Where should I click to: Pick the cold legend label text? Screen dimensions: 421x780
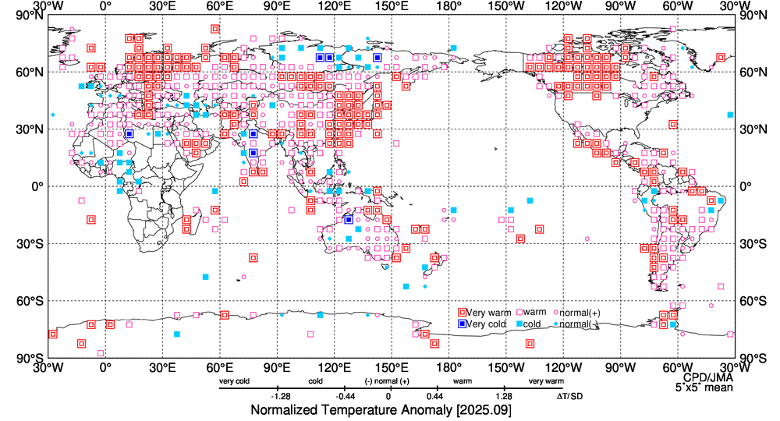[x=532, y=324]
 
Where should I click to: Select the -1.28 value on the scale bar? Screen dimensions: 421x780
[x=281, y=396]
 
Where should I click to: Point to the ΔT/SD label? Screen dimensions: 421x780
[x=569, y=396]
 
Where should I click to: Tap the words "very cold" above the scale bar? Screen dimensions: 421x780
[x=236, y=381]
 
